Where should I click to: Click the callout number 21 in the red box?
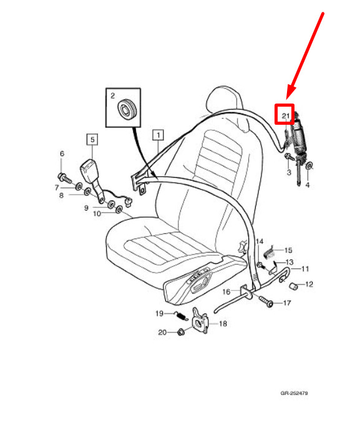coord(285,115)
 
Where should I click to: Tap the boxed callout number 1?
coord(158,135)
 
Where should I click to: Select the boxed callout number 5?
coord(92,139)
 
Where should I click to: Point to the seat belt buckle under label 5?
coord(90,171)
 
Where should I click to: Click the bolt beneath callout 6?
coord(64,177)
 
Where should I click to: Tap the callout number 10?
coord(97,213)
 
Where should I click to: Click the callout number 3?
coord(289,172)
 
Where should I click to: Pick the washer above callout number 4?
coord(309,167)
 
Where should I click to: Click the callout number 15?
coord(288,250)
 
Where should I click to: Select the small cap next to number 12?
coord(293,286)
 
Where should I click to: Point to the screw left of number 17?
coord(266,301)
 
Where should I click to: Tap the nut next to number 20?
coord(181,331)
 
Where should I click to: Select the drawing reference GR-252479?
coord(294,393)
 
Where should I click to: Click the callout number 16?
coord(226,292)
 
